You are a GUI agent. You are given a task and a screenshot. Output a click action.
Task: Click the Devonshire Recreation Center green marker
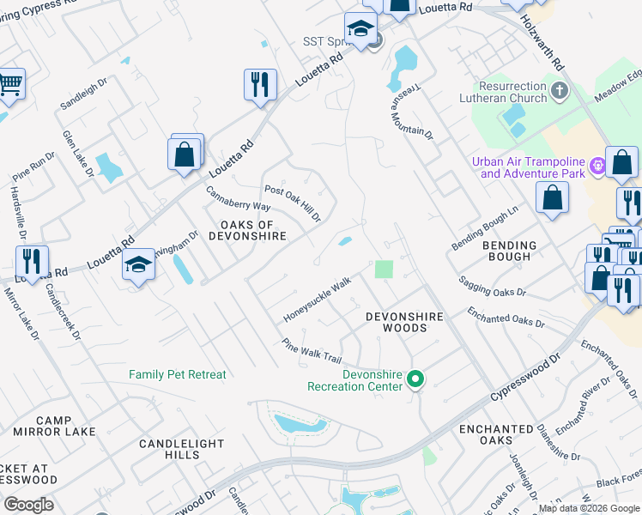click(415, 379)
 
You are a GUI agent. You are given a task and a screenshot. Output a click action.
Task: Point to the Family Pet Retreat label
click(178, 374)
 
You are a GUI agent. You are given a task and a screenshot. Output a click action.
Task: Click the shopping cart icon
click(9, 85)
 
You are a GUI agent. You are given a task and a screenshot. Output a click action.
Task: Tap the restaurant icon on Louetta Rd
click(260, 84)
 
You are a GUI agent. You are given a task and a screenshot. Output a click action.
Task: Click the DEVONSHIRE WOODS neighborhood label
click(404, 322)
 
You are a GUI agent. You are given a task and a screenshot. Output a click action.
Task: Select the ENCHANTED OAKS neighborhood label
click(496, 434)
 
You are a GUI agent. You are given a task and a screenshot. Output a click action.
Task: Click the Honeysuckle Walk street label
click(318, 300)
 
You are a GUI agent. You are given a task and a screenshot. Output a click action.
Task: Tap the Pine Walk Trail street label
click(313, 350)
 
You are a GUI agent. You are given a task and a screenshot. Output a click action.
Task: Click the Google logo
click(28, 505)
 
